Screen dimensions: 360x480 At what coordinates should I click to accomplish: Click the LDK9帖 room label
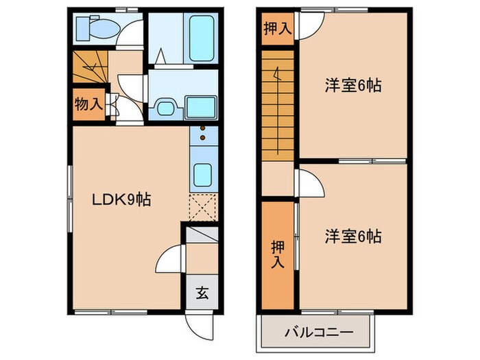pos(122,200)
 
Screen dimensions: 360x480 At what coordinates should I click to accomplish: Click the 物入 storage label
pos(88,105)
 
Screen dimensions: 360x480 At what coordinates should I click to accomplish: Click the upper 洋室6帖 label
pos(352,86)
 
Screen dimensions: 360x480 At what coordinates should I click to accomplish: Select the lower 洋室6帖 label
pos(352,237)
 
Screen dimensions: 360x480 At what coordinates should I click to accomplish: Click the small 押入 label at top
pos(277,28)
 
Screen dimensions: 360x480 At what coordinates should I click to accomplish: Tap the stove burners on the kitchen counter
pos(203,134)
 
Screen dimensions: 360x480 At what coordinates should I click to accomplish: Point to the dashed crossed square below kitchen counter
pos(203,206)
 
